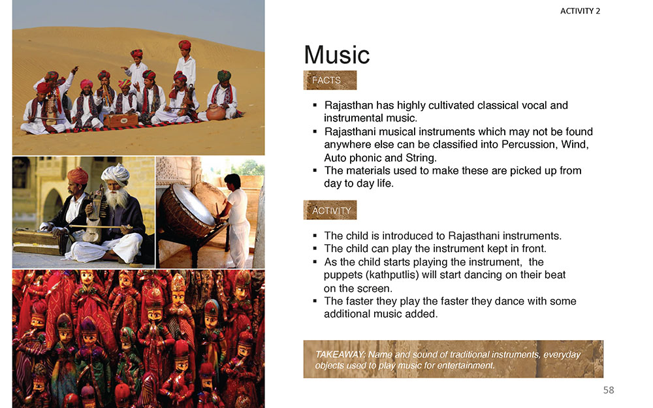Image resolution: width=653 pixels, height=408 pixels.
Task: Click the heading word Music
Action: pos(336,55)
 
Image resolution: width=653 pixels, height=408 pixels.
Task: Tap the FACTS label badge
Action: pos(330,80)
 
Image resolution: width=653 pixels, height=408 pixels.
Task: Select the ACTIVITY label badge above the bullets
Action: pos(330,210)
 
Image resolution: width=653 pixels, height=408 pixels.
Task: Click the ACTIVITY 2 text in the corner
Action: pos(580,11)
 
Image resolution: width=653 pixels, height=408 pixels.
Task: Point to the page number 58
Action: pos(609,390)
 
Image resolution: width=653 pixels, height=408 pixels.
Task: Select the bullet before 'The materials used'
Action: pos(315,170)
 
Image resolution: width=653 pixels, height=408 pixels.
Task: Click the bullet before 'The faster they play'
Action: pos(315,301)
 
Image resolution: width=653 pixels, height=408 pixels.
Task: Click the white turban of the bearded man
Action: pos(116,174)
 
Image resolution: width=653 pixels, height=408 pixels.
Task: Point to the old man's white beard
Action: pos(117,198)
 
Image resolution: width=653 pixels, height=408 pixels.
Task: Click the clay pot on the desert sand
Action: pos(215,112)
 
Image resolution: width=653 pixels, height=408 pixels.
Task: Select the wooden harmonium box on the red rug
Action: pos(121,120)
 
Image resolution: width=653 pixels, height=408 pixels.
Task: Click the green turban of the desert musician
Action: pos(224,75)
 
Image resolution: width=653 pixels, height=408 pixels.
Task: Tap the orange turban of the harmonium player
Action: pos(78,175)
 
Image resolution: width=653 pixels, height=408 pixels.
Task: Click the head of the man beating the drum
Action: pos(232,181)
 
